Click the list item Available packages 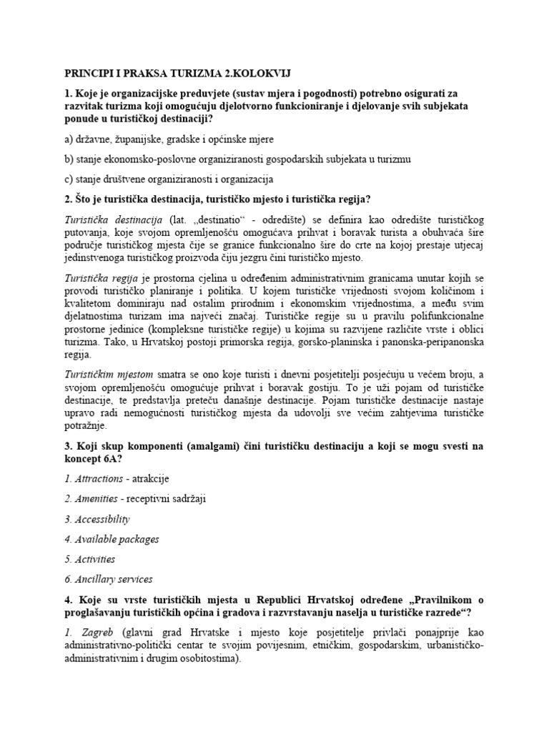[112, 539]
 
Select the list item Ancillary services [113, 580]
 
